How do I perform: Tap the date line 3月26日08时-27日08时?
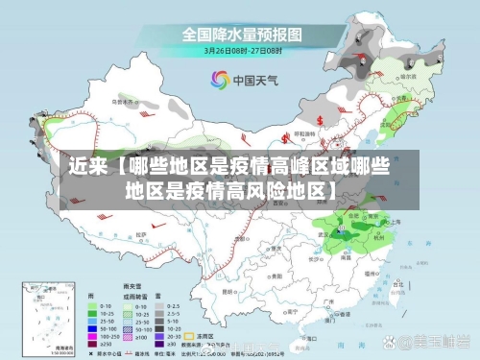(241, 50)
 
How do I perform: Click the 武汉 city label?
(322, 232)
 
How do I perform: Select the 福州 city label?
(370, 274)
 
